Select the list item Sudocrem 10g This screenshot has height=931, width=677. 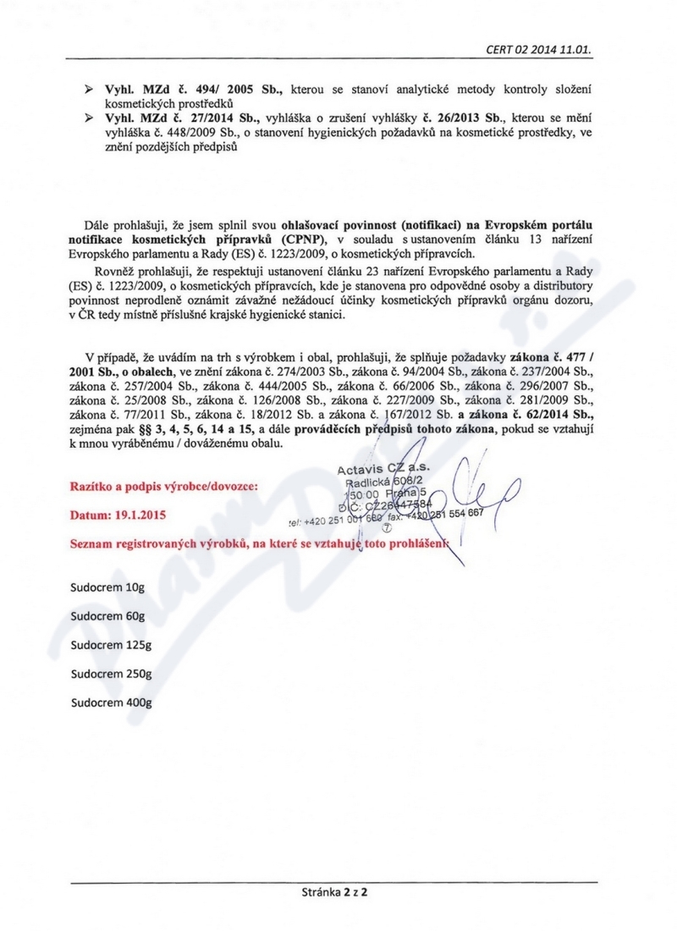108,586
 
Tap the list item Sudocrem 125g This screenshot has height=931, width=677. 111,645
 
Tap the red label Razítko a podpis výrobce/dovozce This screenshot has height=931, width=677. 159,487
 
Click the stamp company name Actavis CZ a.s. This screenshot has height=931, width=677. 383,468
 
